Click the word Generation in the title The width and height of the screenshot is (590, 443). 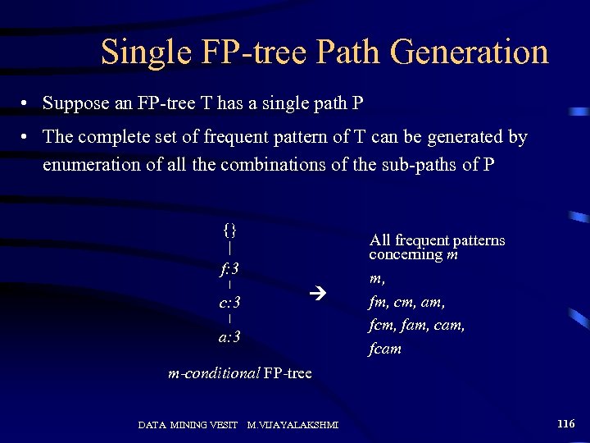470,53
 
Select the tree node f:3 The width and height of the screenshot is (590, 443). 229,268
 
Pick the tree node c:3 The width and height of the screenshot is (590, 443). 229,304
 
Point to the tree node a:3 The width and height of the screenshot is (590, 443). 229,337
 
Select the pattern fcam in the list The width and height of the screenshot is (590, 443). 385,349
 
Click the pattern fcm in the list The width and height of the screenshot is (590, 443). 383,326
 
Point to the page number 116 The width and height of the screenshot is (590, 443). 565,424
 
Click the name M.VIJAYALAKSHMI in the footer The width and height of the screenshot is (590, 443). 293,425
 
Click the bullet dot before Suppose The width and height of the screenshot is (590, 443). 27,105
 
